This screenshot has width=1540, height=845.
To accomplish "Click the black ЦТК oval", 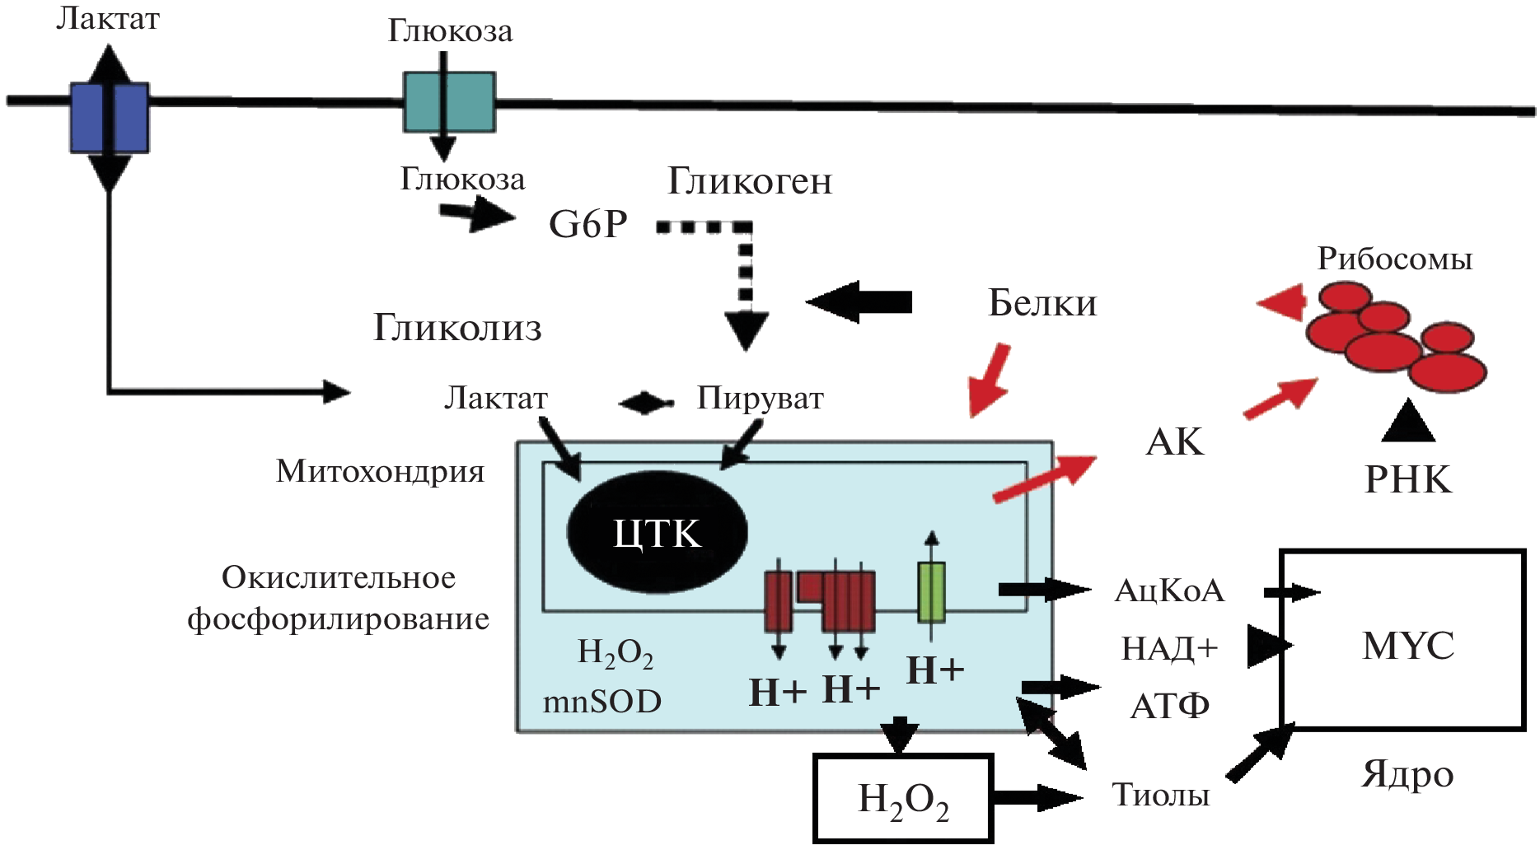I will [657, 533].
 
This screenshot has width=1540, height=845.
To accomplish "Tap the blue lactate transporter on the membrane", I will [109, 117].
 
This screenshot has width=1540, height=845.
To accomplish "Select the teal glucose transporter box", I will [449, 102].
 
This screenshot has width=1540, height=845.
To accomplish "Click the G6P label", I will [588, 224].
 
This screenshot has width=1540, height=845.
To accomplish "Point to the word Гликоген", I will [750, 181].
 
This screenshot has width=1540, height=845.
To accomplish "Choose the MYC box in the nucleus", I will [1407, 645].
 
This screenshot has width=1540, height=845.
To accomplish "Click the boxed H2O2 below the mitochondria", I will [903, 799].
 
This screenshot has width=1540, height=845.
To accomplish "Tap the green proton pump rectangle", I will [931, 591].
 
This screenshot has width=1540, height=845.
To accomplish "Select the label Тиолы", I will [1160, 795].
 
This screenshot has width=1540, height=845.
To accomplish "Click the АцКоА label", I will [1169, 591].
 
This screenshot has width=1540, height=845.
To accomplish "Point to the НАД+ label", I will [1169, 649].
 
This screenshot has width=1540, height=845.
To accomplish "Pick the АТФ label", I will [1169, 706].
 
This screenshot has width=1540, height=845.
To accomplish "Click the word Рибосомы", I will [1394, 259].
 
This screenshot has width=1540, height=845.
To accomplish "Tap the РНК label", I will [1407, 479].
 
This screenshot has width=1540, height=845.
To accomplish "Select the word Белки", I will [1042, 304].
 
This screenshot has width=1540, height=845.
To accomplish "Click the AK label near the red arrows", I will [1174, 442].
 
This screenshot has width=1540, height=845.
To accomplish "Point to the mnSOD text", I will [601, 702].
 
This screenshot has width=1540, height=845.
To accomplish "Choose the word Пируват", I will [760, 399].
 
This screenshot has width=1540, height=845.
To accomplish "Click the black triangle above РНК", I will [1408, 422].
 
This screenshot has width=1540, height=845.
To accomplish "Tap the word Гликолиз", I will [457, 328].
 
